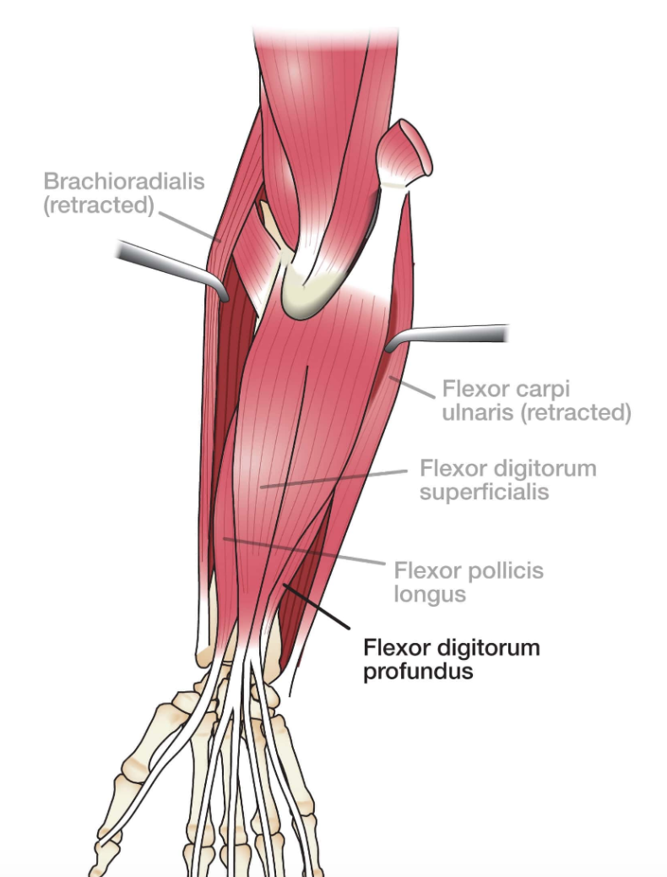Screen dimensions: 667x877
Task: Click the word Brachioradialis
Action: [124, 182]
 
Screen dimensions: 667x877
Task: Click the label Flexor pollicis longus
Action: [469, 582]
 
